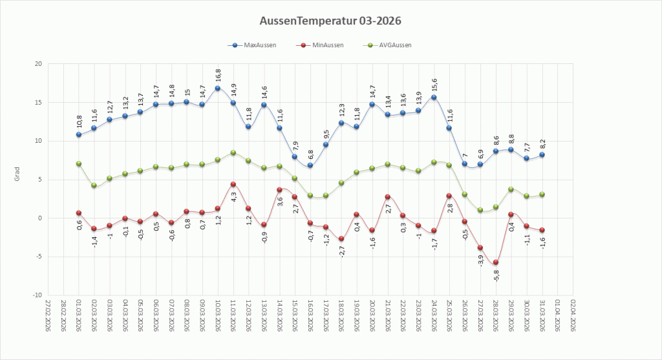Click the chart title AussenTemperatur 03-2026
330,21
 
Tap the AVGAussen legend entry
389,45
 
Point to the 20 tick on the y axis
37,64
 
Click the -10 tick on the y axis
36,295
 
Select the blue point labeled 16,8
218,89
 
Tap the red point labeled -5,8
496,262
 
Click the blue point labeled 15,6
434,98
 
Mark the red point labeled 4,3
233,185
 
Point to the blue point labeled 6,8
310,165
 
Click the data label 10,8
79,122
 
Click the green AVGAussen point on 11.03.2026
233,153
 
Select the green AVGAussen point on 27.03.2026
480,210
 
